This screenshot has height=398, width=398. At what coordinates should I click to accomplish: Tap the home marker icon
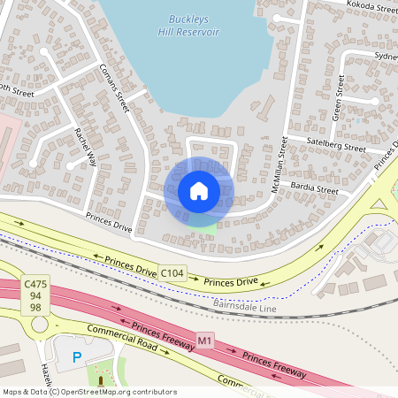[199, 190]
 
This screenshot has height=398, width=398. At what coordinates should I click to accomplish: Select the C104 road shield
[172, 274]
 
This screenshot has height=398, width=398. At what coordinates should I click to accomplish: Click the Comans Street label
[114, 88]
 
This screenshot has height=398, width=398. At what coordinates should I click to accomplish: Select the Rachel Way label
[86, 145]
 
